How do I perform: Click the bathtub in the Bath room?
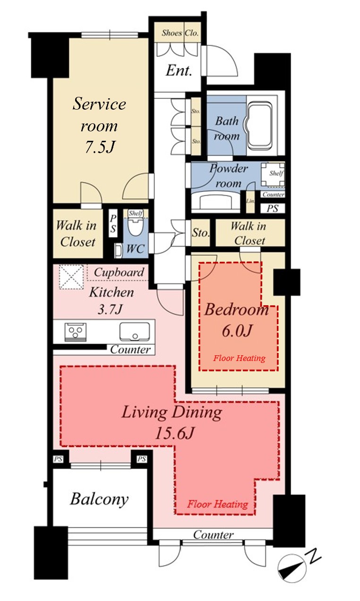coord(259,125)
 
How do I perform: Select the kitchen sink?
coord(135,332)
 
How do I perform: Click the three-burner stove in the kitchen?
coord(76,332)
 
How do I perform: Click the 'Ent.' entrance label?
coord(179,71)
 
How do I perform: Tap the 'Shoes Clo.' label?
coord(180,33)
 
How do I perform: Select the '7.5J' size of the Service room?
coord(100,147)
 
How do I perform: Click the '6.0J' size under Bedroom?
coord(237,331)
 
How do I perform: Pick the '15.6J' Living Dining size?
coord(175,433)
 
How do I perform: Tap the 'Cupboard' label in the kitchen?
coord(119,273)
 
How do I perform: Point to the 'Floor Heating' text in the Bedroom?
coord(239,358)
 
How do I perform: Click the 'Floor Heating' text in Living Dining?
coord(217,504)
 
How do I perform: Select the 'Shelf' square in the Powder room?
coord(273,174)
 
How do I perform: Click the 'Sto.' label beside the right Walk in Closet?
coord(201,232)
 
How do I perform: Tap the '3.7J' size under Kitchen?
coord(110,309)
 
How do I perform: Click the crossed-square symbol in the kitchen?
coord(71,277)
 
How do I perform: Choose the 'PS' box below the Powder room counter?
coord(273,208)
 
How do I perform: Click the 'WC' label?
coord(136,249)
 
